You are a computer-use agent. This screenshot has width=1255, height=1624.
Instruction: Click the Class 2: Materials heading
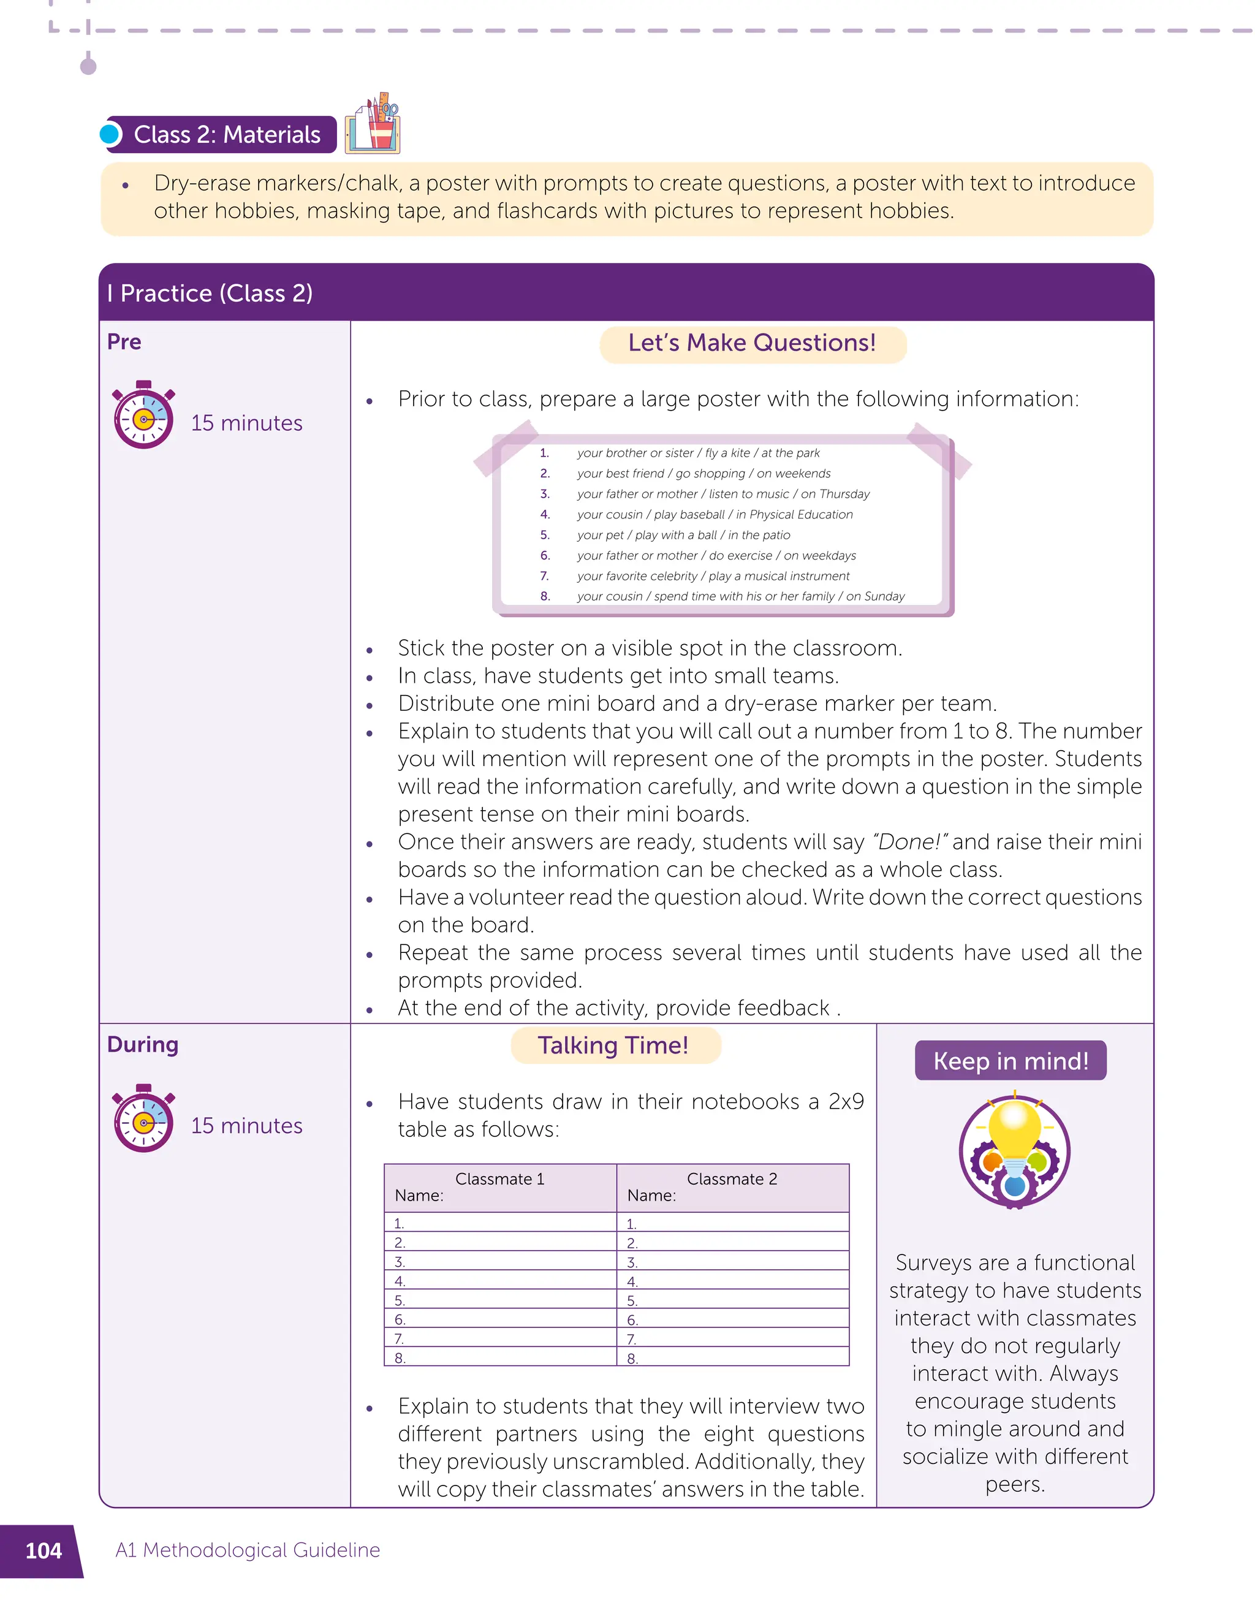point(226,135)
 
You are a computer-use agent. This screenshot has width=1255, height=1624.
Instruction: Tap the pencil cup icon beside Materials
point(373,125)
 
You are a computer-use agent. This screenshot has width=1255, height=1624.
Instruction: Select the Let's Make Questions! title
point(752,343)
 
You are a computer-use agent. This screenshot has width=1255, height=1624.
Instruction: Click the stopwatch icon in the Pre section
point(143,416)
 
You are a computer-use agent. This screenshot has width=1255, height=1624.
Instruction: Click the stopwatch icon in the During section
point(143,1118)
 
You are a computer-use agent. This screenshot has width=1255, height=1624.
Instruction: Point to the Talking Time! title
point(613,1045)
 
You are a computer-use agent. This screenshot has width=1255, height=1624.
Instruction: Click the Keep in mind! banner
point(1010,1060)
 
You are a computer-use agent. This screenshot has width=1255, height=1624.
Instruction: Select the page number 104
point(43,1550)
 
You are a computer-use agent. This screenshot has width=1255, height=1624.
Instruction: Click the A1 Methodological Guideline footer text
point(248,1550)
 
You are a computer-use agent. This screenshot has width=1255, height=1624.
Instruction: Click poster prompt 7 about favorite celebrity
point(712,576)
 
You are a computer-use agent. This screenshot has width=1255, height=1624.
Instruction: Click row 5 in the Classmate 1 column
point(499,1300)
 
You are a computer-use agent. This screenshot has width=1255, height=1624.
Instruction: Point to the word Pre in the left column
point(124,342)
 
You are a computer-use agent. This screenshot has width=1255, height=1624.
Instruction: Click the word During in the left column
point(143,1045)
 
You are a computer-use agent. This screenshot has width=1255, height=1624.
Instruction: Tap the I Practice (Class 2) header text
point(210,293)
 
